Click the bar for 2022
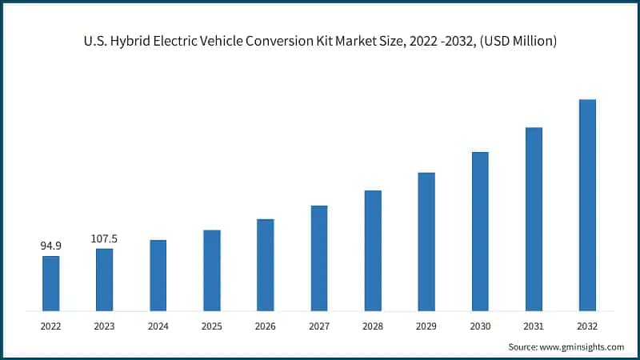pyautogui.click(x=50, y=283)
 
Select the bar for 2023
pyautogui.click(x=104, y=280)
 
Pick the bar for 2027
pyautogui.click(x=319, y=258)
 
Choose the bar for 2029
pyautogui.click(x=426, y=242)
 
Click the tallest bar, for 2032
pyautogui.click(x=587, y=205)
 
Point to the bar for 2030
pyautogui.click(x=480, y=231)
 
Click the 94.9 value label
pyautogui.click(x=50, y=246)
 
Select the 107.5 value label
pyautogui.click(x=104, y=238)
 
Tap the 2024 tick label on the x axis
pyautogui.click(x=158, y=326)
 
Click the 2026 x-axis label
pyautogui.click(x=265, y=326)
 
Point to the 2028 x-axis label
pyautogui.click(x=373, y=326)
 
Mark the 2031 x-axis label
pyautogui.click(x=534, y=326)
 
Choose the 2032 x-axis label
pyautogui.click(x=587, y=326)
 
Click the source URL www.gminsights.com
pyautogui.click(x=582, y=347)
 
